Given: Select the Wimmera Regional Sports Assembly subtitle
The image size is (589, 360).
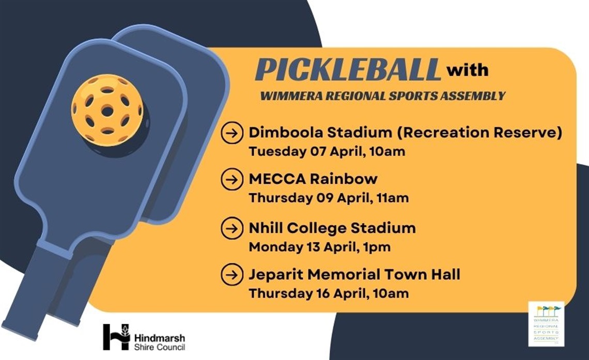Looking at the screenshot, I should (x=382, y=96).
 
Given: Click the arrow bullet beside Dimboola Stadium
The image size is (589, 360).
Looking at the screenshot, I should (x=232, y=133).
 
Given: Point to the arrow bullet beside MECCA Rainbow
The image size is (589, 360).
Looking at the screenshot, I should (x=232, y=179).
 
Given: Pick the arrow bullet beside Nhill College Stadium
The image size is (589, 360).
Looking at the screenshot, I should (x=232, y=228).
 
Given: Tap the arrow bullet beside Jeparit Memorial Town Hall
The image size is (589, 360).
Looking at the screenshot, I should (x=232, y=274).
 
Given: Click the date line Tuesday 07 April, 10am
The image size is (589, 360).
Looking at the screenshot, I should (x=327, y=152).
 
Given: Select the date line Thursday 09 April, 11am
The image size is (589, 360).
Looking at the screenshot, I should (x=329, y=198).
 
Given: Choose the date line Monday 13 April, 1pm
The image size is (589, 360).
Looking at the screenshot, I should (x=319, y=247).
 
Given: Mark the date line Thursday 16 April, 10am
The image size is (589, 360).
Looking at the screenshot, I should (x=329, y=293).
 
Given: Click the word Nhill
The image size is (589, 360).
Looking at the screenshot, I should (x=264, y=228).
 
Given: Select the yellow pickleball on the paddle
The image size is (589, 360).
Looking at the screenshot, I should (x=107, y=110).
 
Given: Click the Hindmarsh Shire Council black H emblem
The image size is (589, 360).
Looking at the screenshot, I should (x=116, y=337).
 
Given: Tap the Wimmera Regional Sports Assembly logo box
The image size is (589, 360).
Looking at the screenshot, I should (x=546, y=324).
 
